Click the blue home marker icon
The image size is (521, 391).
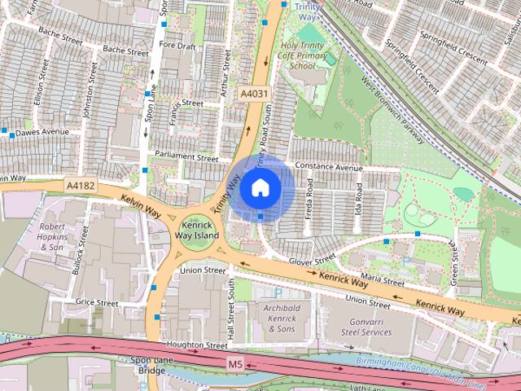pos(259,188)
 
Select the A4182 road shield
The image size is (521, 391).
pos(80,187)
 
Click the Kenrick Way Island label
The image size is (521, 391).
pos(196,230)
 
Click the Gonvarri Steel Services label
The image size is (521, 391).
pos(366,327)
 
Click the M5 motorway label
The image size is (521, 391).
pos(236,363)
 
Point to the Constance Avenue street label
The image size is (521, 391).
pos(329,168)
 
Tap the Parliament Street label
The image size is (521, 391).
pos(188,156)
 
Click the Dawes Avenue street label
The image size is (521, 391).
pos(42,131)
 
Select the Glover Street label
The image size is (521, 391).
pos(313,259)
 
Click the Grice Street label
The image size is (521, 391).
pos(97,302)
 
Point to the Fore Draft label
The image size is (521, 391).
pos(178,46)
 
